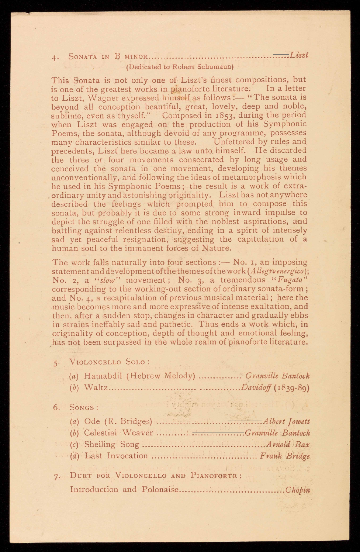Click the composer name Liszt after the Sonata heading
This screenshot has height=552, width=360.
coord(299,55)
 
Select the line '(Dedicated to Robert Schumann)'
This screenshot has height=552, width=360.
coord(180,67)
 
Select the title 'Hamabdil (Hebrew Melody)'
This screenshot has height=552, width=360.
coord(139,376)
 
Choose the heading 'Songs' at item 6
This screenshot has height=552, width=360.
coord(83,408)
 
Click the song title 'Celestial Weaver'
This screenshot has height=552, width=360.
coord(118,433)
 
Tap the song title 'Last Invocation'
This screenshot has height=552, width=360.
coord(116,456)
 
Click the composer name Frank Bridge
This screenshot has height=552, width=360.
coord(285,456)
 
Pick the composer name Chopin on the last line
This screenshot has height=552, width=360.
coord(297,490)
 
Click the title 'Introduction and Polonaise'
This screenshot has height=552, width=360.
coord(125,490)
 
